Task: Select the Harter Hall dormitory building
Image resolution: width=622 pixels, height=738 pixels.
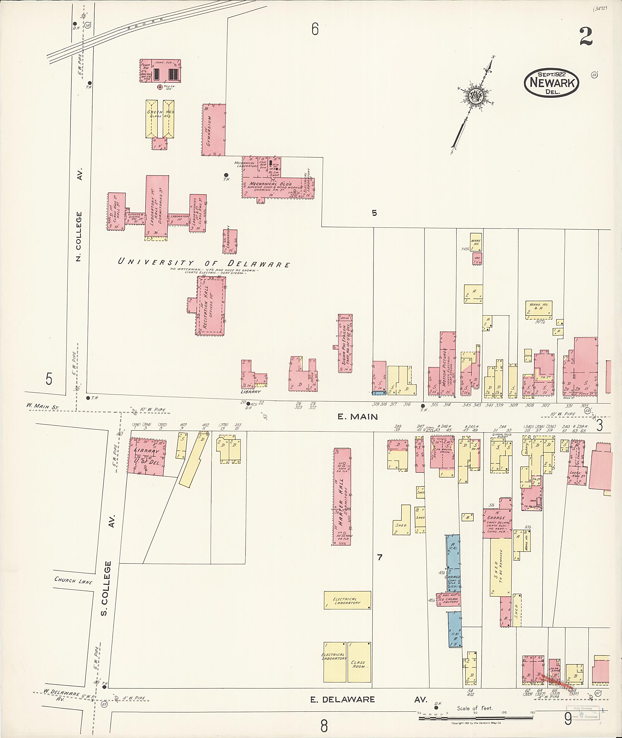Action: click(342, 497)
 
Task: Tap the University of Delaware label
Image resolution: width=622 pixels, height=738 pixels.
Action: click(203, 263)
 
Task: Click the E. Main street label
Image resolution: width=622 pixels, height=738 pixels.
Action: click(357, 417)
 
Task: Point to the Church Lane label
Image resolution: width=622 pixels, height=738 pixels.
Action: click(73, 580)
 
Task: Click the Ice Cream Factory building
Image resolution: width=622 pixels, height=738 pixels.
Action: click(449, 600)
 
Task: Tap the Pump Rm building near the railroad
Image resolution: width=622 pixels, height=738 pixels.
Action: click(160, 71)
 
